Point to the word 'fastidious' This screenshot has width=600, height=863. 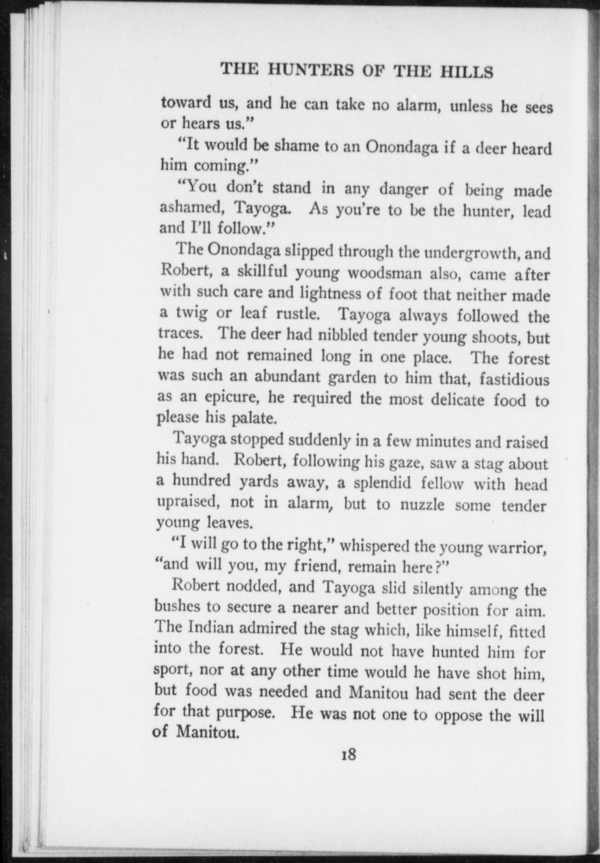[x=514, y=380]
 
